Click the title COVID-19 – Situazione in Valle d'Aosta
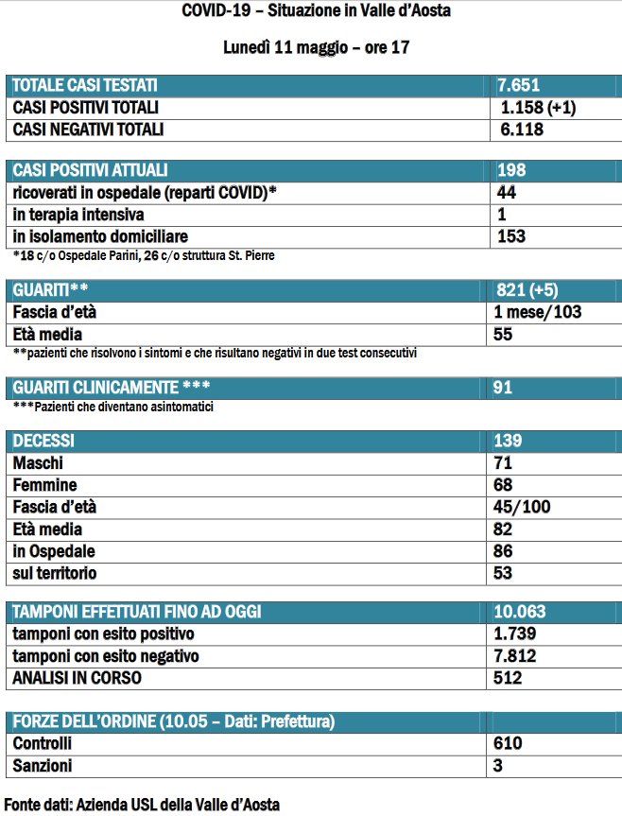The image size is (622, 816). (x=316, y=12)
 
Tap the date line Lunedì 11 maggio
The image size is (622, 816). (x=316, y=47)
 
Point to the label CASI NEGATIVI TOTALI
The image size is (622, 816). (x=88, y=130)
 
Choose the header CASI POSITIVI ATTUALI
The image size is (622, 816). (x=90, y=170)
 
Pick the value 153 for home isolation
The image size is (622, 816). (x=510, y=236)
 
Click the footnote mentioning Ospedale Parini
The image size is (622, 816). (x=145, y=255)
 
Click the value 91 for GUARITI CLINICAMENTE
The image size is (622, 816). (x=505, y=388)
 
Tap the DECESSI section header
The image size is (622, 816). (x=43, y=442)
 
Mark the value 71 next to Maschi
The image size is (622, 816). (x=503, y=463)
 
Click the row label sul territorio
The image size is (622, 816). (x=55, y=573)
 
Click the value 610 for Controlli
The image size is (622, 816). (x=508, y=744)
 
